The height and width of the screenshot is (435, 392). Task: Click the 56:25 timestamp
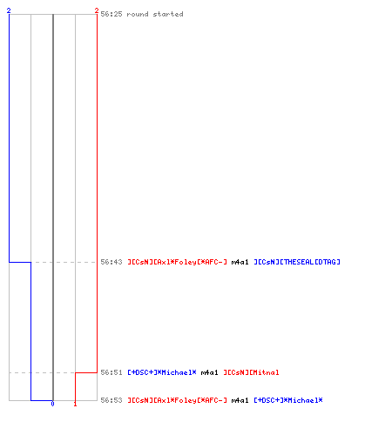click(x=112, y=14)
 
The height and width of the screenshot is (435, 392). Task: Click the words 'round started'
click(x=155, y=14)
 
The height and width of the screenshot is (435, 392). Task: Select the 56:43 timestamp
click(x=112, y=262)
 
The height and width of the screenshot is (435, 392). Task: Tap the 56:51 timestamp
click(x=112, y=372)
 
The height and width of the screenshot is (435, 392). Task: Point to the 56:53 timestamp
click(x=112, y=400)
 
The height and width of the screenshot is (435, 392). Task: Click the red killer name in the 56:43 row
click(x=178, y=262)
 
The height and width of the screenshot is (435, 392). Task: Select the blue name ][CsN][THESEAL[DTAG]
click(x=297, y=262)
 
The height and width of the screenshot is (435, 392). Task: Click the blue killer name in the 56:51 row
click(x=162, y=372)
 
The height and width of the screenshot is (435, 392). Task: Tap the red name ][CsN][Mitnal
click(x=251, y=372)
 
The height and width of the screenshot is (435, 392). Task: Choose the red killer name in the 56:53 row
click(x=178, y=400)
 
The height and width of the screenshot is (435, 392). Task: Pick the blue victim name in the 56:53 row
click(x=288, y=400)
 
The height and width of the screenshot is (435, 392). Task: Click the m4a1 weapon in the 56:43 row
click(x=240, y=262)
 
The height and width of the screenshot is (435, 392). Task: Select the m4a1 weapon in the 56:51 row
click(x=209, y=372)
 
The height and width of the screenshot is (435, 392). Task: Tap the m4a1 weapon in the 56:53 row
click(x=240, y=400)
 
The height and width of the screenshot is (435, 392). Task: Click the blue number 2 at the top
click(x=9, y=10)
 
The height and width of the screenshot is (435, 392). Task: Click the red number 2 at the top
click(x=97, y=10)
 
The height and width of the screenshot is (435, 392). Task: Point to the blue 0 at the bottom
click(x=52, y=404)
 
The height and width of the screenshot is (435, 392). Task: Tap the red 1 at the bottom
click(x=75, y=404)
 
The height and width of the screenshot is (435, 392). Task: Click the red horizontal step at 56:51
click(x=86, y=372)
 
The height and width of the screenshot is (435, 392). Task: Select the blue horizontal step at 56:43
click(x=20, y=262)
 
